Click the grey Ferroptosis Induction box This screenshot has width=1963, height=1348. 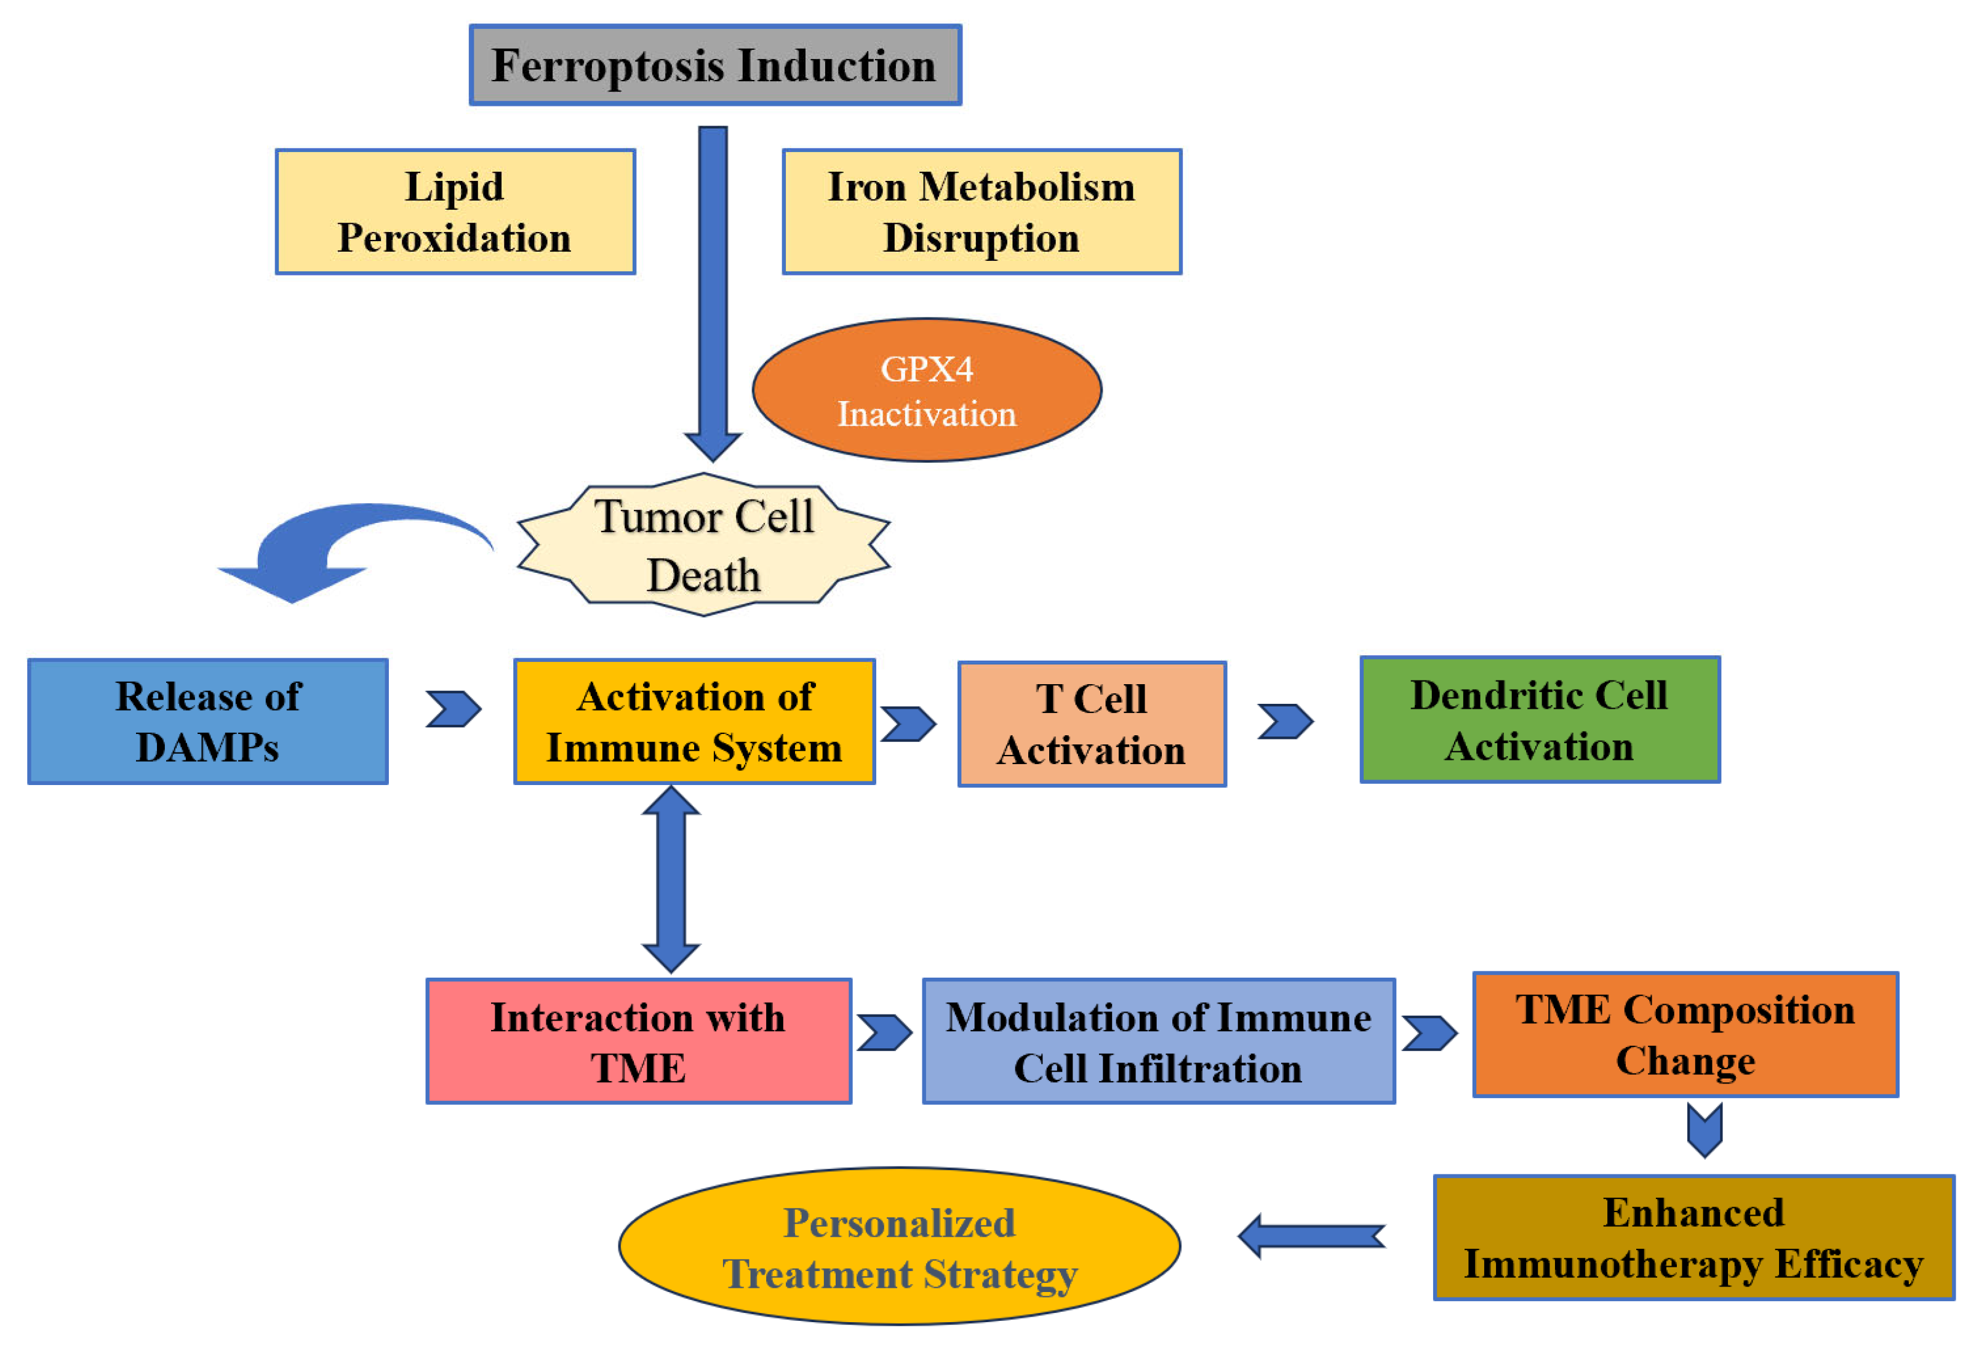716,65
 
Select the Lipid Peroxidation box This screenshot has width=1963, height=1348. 455,212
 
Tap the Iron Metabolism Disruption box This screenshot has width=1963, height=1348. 981,212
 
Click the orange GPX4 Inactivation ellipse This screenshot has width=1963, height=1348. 927,390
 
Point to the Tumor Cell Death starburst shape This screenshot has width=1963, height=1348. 703,544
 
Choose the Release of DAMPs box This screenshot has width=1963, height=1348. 208,722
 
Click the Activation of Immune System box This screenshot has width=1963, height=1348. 694,722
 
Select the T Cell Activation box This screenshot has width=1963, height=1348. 1092,725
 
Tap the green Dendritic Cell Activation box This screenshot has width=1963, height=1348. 1540,720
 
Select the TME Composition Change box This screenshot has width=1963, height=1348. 1686,1035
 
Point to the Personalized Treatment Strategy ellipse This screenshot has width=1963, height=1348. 900,1246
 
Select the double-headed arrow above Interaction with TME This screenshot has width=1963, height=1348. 671,879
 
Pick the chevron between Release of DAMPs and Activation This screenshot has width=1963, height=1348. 454,709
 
